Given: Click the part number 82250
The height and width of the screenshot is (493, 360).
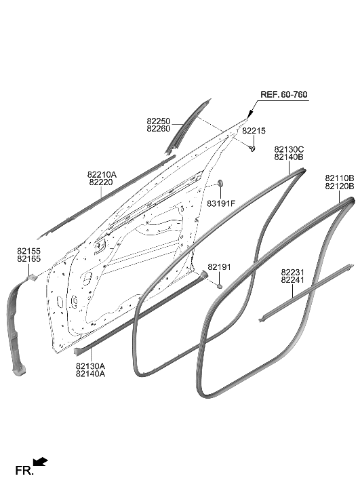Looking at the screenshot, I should coord(159,121).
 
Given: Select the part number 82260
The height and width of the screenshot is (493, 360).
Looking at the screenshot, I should coord(159,129).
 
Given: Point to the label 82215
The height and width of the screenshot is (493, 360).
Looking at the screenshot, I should coord(254,130).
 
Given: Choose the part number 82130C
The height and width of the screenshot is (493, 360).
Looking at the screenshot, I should coord(289,149).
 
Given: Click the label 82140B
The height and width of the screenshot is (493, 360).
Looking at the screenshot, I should coord(289,157).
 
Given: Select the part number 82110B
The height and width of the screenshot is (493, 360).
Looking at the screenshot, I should coord(339,178).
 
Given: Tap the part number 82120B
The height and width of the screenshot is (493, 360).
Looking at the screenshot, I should coord(339,186).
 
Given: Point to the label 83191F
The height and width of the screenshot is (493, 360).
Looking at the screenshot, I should coord(221,203).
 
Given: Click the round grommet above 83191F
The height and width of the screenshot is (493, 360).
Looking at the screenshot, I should coord(220,184).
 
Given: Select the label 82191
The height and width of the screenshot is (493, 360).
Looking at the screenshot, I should coord(219,267).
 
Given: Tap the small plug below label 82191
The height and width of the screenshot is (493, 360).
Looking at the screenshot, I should coord(220,286).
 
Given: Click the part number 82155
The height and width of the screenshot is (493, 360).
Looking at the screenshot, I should coord(28,251).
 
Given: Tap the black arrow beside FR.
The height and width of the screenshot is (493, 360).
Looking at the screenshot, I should coord(41,462).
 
